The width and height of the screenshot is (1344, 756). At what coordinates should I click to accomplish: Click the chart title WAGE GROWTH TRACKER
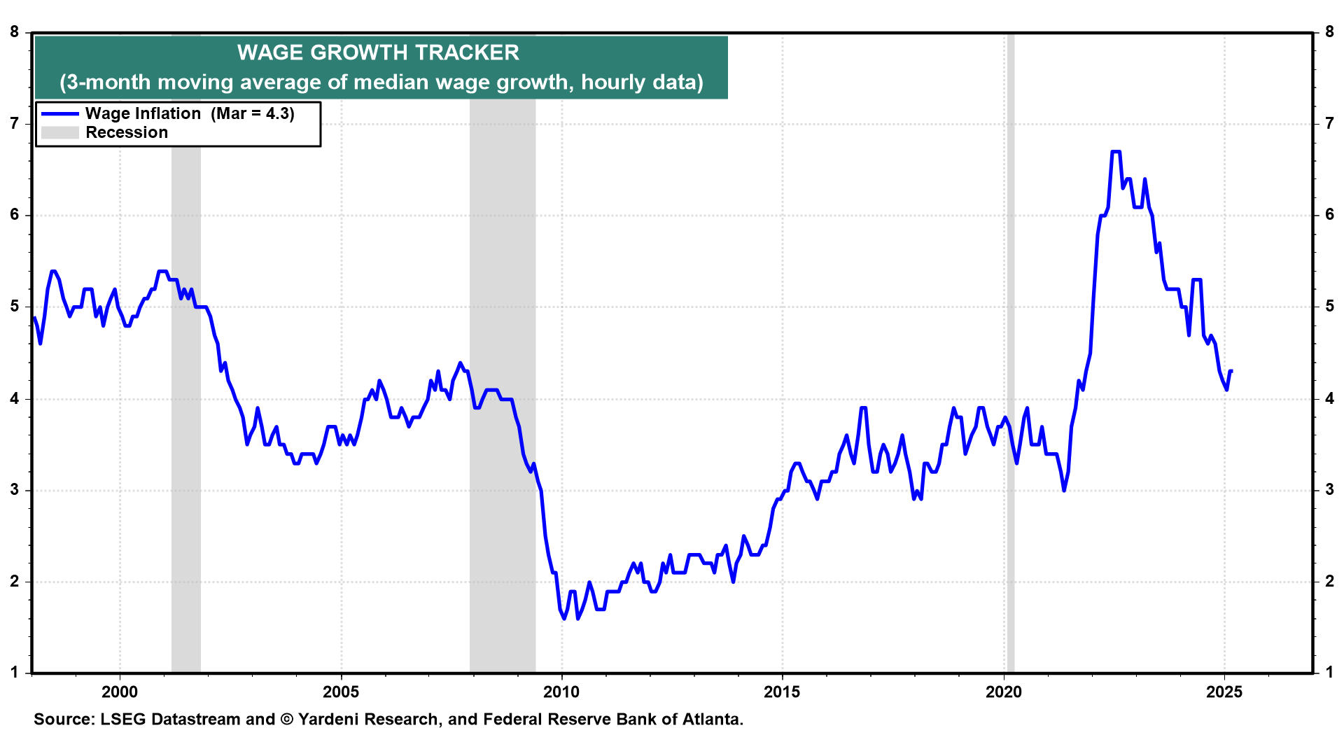click(378, 52)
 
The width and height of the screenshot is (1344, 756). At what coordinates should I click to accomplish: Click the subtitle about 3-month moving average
click(381, 82)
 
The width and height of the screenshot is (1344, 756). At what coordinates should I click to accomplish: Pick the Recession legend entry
click(126, 132)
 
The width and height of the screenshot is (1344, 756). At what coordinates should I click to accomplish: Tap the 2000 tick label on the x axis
click(120, 692)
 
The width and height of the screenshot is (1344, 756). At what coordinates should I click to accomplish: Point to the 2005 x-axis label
click(341, 692)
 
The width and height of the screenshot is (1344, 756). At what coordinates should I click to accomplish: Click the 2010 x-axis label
click(561, 692)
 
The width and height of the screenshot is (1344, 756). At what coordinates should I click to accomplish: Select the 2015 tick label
click(782, 692)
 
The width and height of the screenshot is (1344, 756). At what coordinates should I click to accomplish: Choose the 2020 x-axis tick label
click(1004, 692)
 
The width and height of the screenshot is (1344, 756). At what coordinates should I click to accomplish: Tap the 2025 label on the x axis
click(1224, 692)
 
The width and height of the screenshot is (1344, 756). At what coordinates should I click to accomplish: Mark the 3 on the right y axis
click(1329, 490)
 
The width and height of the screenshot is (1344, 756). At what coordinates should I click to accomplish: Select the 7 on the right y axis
click(1329, 124)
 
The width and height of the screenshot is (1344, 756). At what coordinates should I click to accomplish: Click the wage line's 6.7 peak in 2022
click(1116, 151)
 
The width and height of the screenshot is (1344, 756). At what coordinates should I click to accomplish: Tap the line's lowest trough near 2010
click(564, 618)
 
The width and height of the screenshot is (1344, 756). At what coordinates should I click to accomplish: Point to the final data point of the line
click(1231, 371)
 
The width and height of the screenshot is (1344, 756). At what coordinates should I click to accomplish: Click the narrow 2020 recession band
click(1010, 350)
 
